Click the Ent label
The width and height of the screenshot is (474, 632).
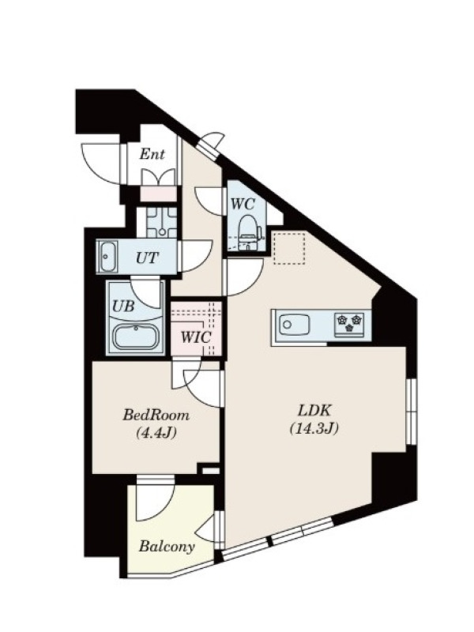(152, 154)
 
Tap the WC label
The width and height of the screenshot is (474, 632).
(243, 204)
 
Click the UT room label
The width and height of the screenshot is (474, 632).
(148, 258)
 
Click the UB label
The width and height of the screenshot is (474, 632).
(123, 307)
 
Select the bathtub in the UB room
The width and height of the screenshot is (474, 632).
(135, 337)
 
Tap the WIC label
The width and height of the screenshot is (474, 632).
(195, 337)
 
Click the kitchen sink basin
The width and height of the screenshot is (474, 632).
(295, 325)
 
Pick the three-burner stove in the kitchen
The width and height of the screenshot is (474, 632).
(349, 325)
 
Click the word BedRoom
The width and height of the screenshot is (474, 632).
(156, 415)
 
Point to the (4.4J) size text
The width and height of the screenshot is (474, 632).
(156, 433)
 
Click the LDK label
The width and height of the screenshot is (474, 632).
(314, 411)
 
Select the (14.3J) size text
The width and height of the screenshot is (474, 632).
(314, 428)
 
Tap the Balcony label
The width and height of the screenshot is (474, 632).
(167, 547)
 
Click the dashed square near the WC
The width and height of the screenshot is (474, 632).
(289, 248)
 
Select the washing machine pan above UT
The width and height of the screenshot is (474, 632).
(162, 222)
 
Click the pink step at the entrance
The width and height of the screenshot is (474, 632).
(158, 194)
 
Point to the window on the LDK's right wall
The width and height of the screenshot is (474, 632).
(411, 412)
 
